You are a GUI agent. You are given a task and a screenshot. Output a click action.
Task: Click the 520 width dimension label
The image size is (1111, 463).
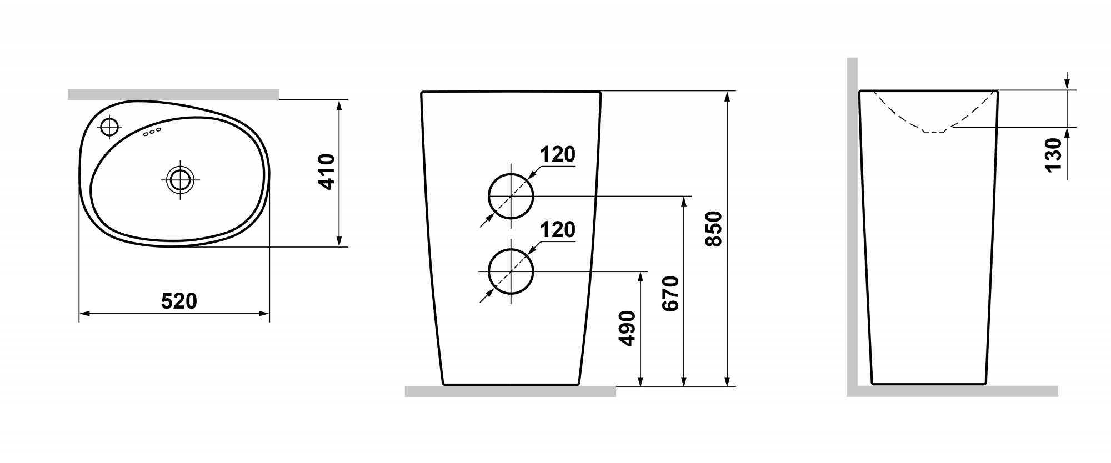click(179, 301)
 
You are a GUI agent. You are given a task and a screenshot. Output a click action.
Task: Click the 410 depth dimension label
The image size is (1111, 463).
click(327, 172)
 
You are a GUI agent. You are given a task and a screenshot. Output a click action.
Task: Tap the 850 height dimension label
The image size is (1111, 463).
click(713, 228)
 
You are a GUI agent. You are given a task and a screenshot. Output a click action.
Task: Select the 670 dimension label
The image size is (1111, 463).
click(670, 293)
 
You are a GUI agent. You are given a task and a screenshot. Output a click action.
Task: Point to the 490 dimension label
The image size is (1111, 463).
click(627, 329)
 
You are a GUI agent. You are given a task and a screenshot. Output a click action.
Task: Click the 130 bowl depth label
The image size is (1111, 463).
click(1053, 155)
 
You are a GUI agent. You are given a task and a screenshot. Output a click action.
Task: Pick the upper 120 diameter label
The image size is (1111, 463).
click(558, 155)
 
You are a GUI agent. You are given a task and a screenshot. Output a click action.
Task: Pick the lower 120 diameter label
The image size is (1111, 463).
click(558, 229)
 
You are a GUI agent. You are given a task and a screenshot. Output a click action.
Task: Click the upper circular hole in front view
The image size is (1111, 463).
click(511, 196)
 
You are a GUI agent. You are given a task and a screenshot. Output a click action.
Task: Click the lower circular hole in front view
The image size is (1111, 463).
click(511, 271)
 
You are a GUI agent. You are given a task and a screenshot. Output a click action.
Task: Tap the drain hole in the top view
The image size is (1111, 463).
click(180, 179)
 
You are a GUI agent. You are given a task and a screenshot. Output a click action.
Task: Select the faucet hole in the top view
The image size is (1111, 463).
click(109, 127)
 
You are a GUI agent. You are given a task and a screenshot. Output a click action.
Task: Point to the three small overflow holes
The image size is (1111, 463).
click(152, 132)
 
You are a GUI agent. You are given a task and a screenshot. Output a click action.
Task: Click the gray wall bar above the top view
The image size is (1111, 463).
click(173, 94)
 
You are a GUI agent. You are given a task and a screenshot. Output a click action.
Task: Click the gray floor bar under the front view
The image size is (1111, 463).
click(510, 391)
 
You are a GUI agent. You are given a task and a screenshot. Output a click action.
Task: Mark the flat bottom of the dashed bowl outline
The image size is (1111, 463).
click(934, 132)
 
